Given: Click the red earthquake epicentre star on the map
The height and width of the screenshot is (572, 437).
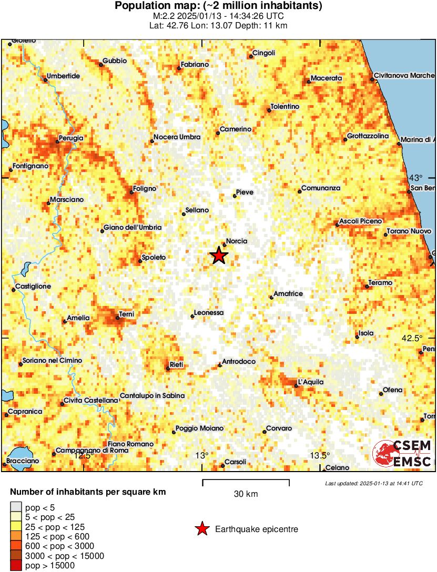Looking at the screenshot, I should (219, 256).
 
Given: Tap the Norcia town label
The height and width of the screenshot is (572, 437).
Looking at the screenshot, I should (237, 241).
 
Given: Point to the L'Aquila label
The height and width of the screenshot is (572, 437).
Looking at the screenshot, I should (311, 382).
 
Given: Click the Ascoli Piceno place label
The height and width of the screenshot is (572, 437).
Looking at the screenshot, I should (361, 221).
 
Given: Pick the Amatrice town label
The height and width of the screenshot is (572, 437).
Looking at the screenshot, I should (288, 293).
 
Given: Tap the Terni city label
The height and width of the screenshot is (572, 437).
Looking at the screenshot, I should (127, 314).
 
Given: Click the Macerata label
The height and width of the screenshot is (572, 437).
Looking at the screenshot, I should (326, 78).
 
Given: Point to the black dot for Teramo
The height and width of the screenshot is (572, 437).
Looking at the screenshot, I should (367, 287).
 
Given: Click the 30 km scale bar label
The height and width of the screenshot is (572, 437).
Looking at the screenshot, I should (246, 494).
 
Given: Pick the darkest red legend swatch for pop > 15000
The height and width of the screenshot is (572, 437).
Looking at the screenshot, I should (16, 566).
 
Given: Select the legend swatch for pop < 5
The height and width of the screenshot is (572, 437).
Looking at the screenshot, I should (16, 507).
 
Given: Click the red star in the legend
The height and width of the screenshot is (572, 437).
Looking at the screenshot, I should (201, 529).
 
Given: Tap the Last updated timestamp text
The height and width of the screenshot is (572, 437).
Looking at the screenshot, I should (374, 483).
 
